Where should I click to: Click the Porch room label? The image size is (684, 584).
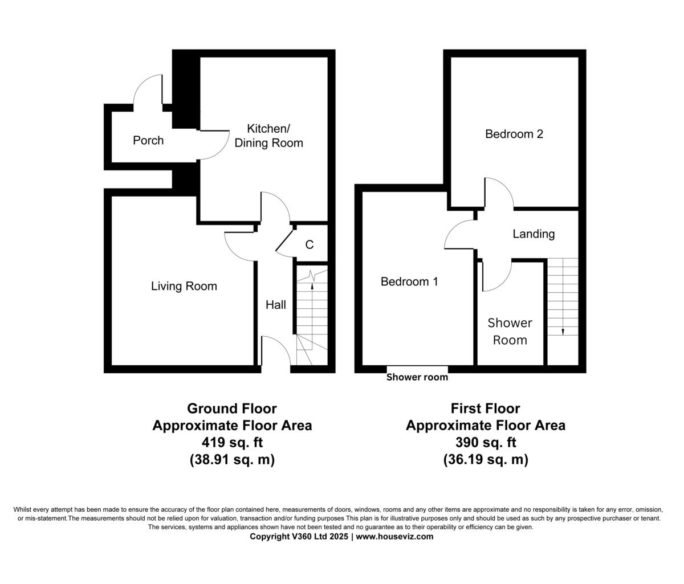tap(148, 140)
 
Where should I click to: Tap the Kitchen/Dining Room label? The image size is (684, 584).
tap(268, 136)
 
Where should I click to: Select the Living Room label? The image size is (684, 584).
tap(184, 286)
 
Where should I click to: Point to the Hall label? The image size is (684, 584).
tap(276, 305)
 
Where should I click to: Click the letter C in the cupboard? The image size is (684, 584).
tap(310, 245)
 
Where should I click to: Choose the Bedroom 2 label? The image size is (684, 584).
tap(514, 134)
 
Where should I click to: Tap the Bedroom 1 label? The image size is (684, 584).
tap(409, 281)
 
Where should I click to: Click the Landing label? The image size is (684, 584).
tap(534, 234)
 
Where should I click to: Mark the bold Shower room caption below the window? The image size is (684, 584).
tap(417, 377)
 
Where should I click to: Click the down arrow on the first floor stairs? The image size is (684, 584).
tap(563, 330)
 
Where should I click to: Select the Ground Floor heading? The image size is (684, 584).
tap(232, 409)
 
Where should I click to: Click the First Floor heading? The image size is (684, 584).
tap(485, 409)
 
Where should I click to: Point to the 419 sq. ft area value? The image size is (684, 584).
tap(232, 443)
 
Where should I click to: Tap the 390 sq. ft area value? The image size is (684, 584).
tap(485, 443)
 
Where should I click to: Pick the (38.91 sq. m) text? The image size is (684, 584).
tap(232, 460)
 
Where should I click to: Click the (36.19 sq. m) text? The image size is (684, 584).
tap(485, 460)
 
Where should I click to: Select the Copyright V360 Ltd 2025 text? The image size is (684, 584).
tap(299, 537)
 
